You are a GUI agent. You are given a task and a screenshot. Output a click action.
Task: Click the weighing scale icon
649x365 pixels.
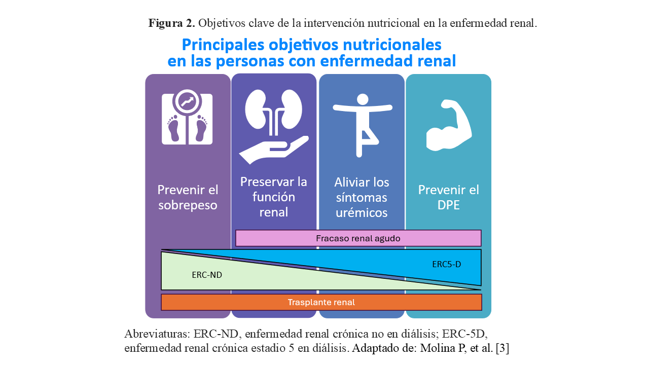pyautogui.click(x=187, y=117)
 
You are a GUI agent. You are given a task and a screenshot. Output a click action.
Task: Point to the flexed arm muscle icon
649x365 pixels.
pyautogui.click(x=448, y=125)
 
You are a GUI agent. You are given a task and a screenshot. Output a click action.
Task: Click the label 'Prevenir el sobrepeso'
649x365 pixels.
pyautogui.click(x=188, y=197)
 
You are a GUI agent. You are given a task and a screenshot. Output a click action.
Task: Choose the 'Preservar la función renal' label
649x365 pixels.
pyautogui.click(x=273, y=197)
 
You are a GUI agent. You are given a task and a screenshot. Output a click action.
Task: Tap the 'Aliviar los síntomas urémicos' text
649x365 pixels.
pyautogui.click(x=362, y=197)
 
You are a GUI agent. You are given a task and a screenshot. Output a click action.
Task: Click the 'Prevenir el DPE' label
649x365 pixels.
pyautogui.click(x=448, y=197)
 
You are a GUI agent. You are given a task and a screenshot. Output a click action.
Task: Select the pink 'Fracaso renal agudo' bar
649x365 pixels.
pyautogui.click(x=358, y=238)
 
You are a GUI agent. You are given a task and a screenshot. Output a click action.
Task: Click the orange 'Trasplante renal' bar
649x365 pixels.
pyautogui.click(x=321, y=302)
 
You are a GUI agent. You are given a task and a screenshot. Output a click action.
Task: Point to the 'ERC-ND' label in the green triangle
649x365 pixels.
pyautogui.click(x=207, y=275)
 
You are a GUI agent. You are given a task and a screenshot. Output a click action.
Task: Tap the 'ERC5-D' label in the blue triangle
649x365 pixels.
pyautogui.click(x=446, y=264)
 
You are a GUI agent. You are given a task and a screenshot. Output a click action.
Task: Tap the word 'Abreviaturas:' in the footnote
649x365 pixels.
pyautogui.click(x=156, y=335)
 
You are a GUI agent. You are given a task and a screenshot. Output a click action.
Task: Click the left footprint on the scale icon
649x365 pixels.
pyautogui.click(x=173, y=128)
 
